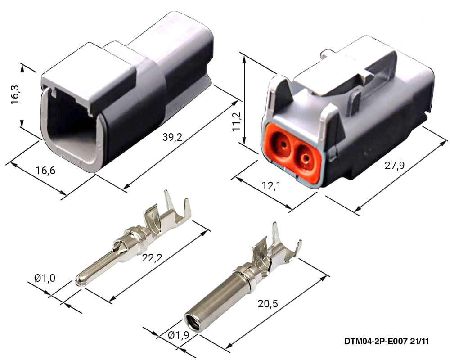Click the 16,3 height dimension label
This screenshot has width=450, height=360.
[x=15, y=95]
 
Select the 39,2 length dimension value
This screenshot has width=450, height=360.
[x=172, y=137]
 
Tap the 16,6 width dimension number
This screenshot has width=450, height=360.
[x=45, y=171]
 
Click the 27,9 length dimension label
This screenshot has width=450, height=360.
[x=394, y=165]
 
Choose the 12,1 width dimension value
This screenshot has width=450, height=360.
[x=271, y=186]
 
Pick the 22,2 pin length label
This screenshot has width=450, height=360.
[x=152, y=258]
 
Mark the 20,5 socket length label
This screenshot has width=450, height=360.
[x=268, y=303]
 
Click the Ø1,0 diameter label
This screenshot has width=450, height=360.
[x=45, y=278]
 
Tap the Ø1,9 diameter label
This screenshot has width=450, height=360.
[x=179, y=335]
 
